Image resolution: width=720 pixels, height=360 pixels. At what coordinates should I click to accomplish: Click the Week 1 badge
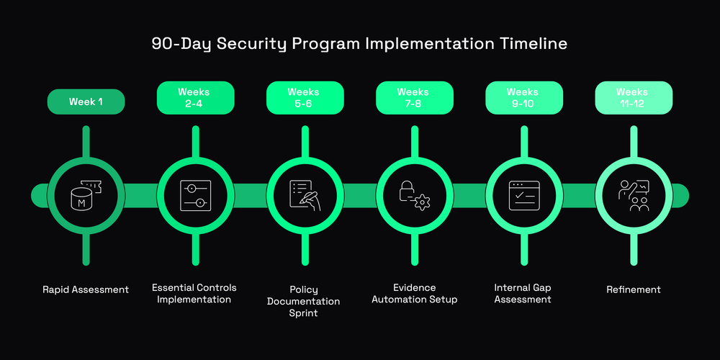coord(86,102)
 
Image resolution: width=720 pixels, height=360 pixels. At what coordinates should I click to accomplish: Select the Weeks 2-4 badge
coord(195,97)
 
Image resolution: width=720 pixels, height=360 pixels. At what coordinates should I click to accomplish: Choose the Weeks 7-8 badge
coord(414,97)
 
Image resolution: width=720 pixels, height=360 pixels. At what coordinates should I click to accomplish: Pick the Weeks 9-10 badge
coord(523,97)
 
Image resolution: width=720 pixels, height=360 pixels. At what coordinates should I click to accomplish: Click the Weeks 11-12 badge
coord(633,97)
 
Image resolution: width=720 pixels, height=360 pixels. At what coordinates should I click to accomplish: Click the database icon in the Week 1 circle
coord(86,195)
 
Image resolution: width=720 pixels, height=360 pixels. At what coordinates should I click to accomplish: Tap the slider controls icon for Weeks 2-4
coord(195,195)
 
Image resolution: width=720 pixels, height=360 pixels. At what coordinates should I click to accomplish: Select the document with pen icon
coord(305,195)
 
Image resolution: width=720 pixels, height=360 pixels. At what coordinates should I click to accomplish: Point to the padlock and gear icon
coord(414,195)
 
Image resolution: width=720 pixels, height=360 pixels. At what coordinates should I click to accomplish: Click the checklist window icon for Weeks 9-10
coord(523,195)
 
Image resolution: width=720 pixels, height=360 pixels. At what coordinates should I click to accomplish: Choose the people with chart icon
coord(633,195)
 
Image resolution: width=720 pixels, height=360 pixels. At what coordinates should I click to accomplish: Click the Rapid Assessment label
coord(86,289)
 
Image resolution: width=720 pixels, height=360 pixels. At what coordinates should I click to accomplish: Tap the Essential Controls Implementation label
coord(194,293)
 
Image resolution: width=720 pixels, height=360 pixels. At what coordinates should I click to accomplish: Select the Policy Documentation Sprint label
coord(304,301)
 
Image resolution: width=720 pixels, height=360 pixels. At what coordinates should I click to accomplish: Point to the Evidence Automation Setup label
coord(414,293)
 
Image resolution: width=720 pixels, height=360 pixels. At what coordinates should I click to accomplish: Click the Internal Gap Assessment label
coord(523,293)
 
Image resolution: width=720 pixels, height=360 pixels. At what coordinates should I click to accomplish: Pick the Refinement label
coord(633,289)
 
